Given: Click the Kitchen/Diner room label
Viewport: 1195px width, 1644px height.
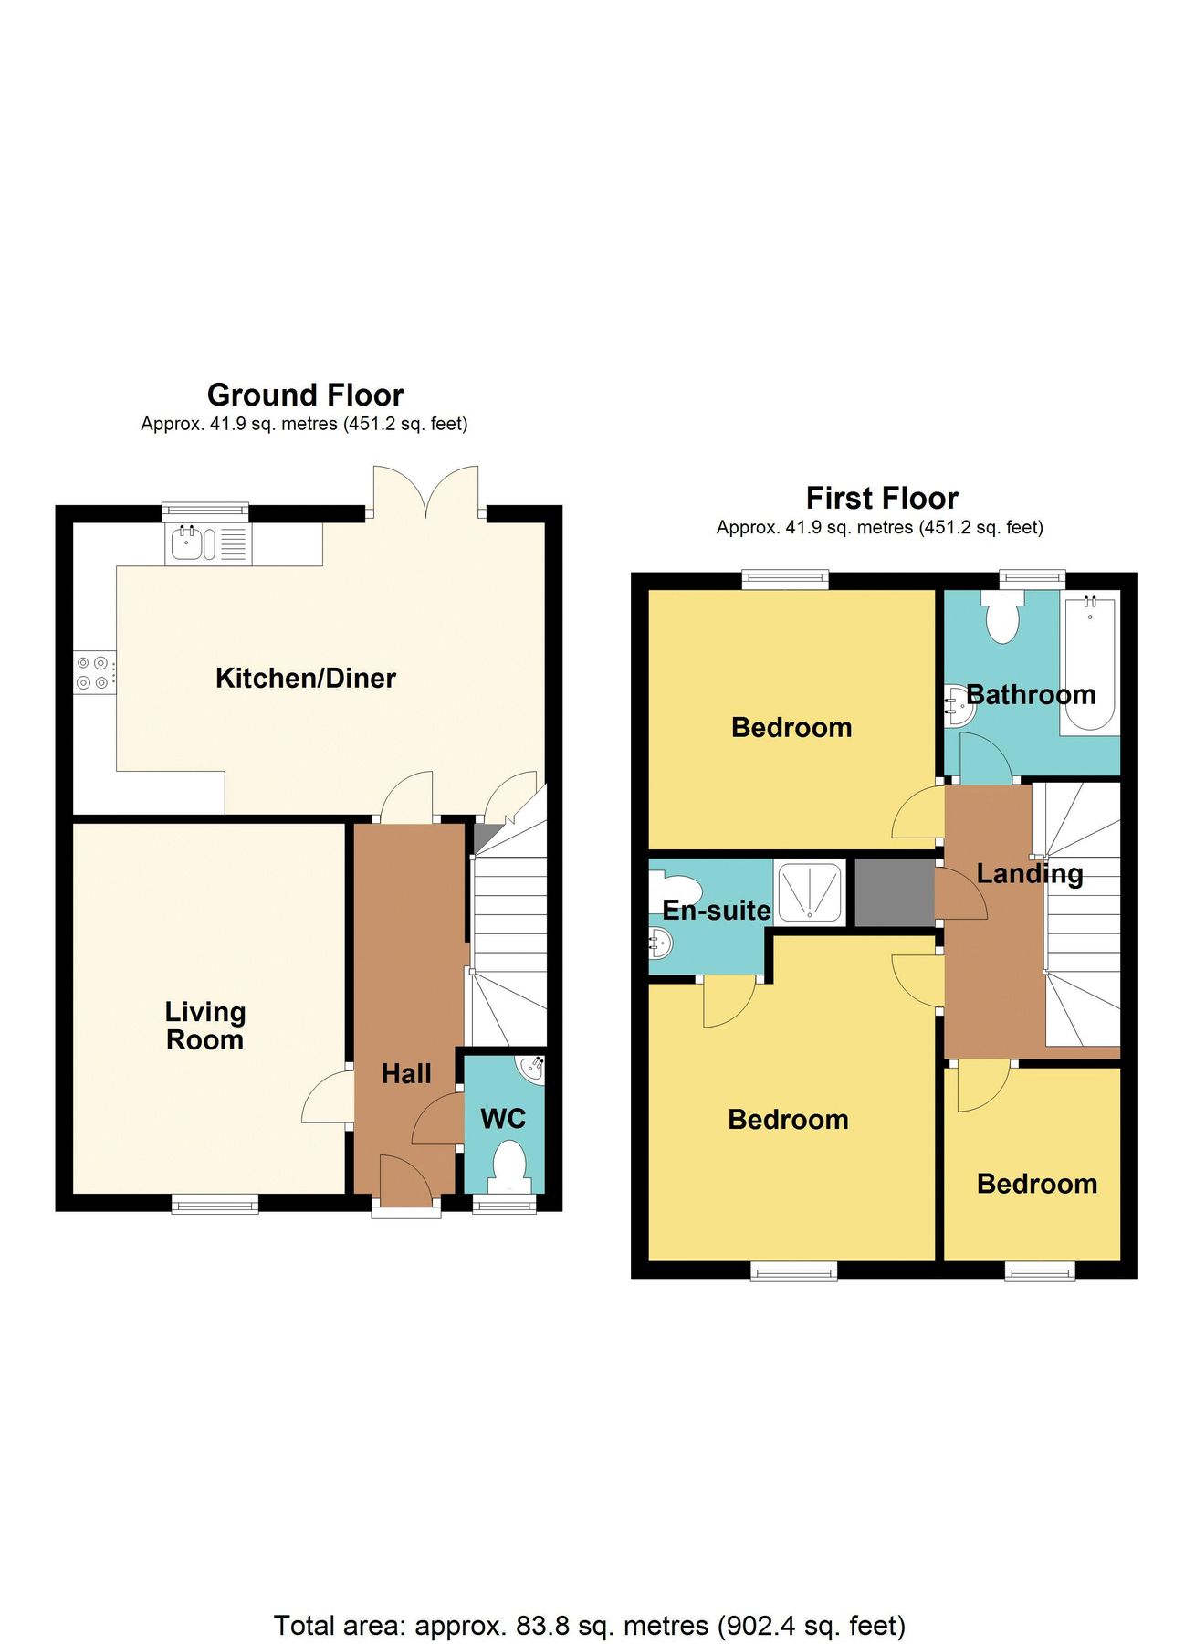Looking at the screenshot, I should pyautogui.click(x=305, y=678).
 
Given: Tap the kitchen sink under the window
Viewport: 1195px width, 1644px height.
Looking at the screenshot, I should pyautogui.click(x=188, y=544).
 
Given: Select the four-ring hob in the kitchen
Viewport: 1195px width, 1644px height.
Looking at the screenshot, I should pyautogui.click(x=94, y=673).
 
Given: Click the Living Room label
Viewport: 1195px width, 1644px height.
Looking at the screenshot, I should pyautogui.click(x=204, y=1025).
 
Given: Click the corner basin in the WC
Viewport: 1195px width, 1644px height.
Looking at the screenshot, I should pyautogui.click(x=532, y=1068).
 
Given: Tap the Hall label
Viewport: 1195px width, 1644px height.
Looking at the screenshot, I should pyautogui.click(x=405, y=1073).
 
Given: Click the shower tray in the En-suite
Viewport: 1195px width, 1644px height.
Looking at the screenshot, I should pyautogui.click(x=809, y=890).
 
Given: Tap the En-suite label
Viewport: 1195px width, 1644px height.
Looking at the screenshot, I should pyautogui.click(x=716, y=910).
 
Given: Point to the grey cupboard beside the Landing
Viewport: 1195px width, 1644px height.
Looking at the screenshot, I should pyautogui.click(x=894, y=892).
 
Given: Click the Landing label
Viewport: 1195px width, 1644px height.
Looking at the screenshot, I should pyautogui.click(x=1029, y=873).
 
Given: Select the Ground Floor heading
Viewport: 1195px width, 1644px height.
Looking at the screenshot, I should pyautogui.click(x=305, y=395).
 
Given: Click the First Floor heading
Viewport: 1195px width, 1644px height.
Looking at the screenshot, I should pyautogui.click(x=882, y=498).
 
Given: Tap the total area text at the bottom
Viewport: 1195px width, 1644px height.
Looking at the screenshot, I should pyautogui.click(x=590, y=1599).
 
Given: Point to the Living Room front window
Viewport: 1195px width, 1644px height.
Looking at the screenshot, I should pyautogui.click(x=215, y=1205).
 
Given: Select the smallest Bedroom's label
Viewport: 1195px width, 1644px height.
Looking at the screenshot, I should pyautogui.click(x=1036, y=1184).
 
